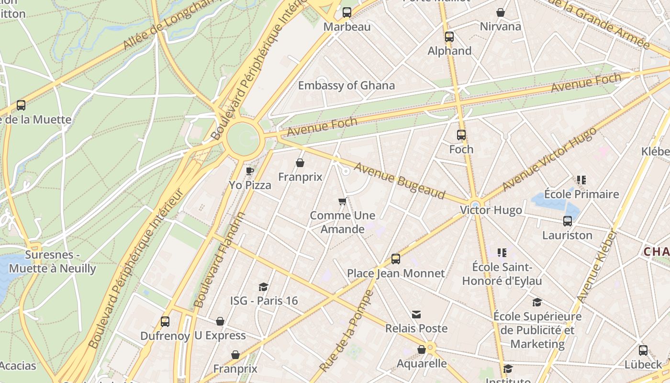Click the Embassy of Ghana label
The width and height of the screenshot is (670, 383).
tap(346, 86)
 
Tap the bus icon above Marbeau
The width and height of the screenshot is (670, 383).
tap(347, 12)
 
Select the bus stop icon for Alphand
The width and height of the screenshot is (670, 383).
tap(449, 37)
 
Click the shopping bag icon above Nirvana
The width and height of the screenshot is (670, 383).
tap(501, 12)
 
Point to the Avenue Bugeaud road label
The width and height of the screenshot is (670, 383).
tap(399, 181)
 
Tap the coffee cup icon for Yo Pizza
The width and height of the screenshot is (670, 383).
tap(249, 171)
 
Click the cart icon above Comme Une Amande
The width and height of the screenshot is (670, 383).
tap(342, 202)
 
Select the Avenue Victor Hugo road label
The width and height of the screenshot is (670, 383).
tap(549, 159)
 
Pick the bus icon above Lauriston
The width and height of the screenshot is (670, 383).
tap(568, 221)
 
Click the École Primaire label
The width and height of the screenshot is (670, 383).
tap(581, 194)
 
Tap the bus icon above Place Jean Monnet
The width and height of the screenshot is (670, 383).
tap(396, 259)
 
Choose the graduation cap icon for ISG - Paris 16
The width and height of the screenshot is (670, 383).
tap(263, 287)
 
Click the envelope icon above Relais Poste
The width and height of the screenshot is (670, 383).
tap(416, 315)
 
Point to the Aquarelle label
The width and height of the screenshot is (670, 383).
tap(422, 363)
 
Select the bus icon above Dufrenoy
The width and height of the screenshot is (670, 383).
tap(165, 322)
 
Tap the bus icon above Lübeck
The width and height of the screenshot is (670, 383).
tap(643, 350)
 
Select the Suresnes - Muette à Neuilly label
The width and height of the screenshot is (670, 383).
tap(53, 261)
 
